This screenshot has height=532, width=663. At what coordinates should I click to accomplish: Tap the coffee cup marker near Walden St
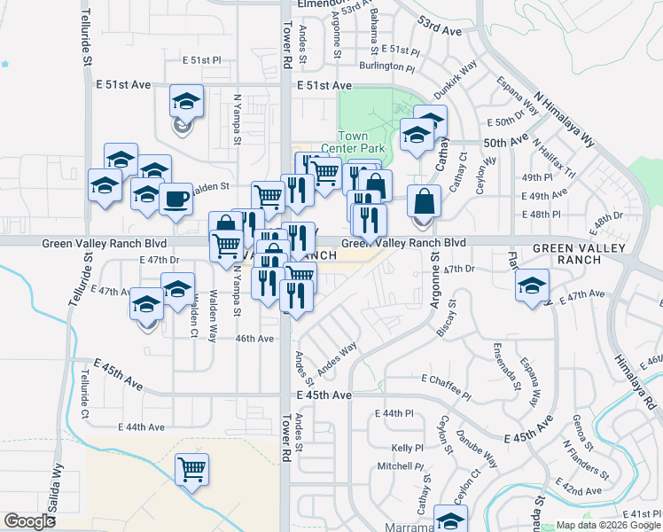pos(175,199)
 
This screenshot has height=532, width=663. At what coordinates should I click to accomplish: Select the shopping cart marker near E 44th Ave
pos(191,469)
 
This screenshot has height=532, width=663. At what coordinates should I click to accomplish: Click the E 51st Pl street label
pos(201,60)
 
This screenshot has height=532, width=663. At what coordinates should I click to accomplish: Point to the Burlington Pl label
pos(387,66)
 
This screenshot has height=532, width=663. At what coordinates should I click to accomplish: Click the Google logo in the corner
pos(29,521)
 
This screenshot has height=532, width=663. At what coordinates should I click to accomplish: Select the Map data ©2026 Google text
pos(607,525)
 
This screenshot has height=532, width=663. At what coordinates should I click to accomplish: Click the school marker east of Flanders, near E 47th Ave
pos(532,286)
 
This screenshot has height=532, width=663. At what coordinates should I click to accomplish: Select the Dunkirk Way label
pos(456,79)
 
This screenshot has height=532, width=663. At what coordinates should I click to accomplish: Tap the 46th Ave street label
pos(253,339)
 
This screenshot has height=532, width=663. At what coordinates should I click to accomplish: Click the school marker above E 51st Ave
pos(186,102)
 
